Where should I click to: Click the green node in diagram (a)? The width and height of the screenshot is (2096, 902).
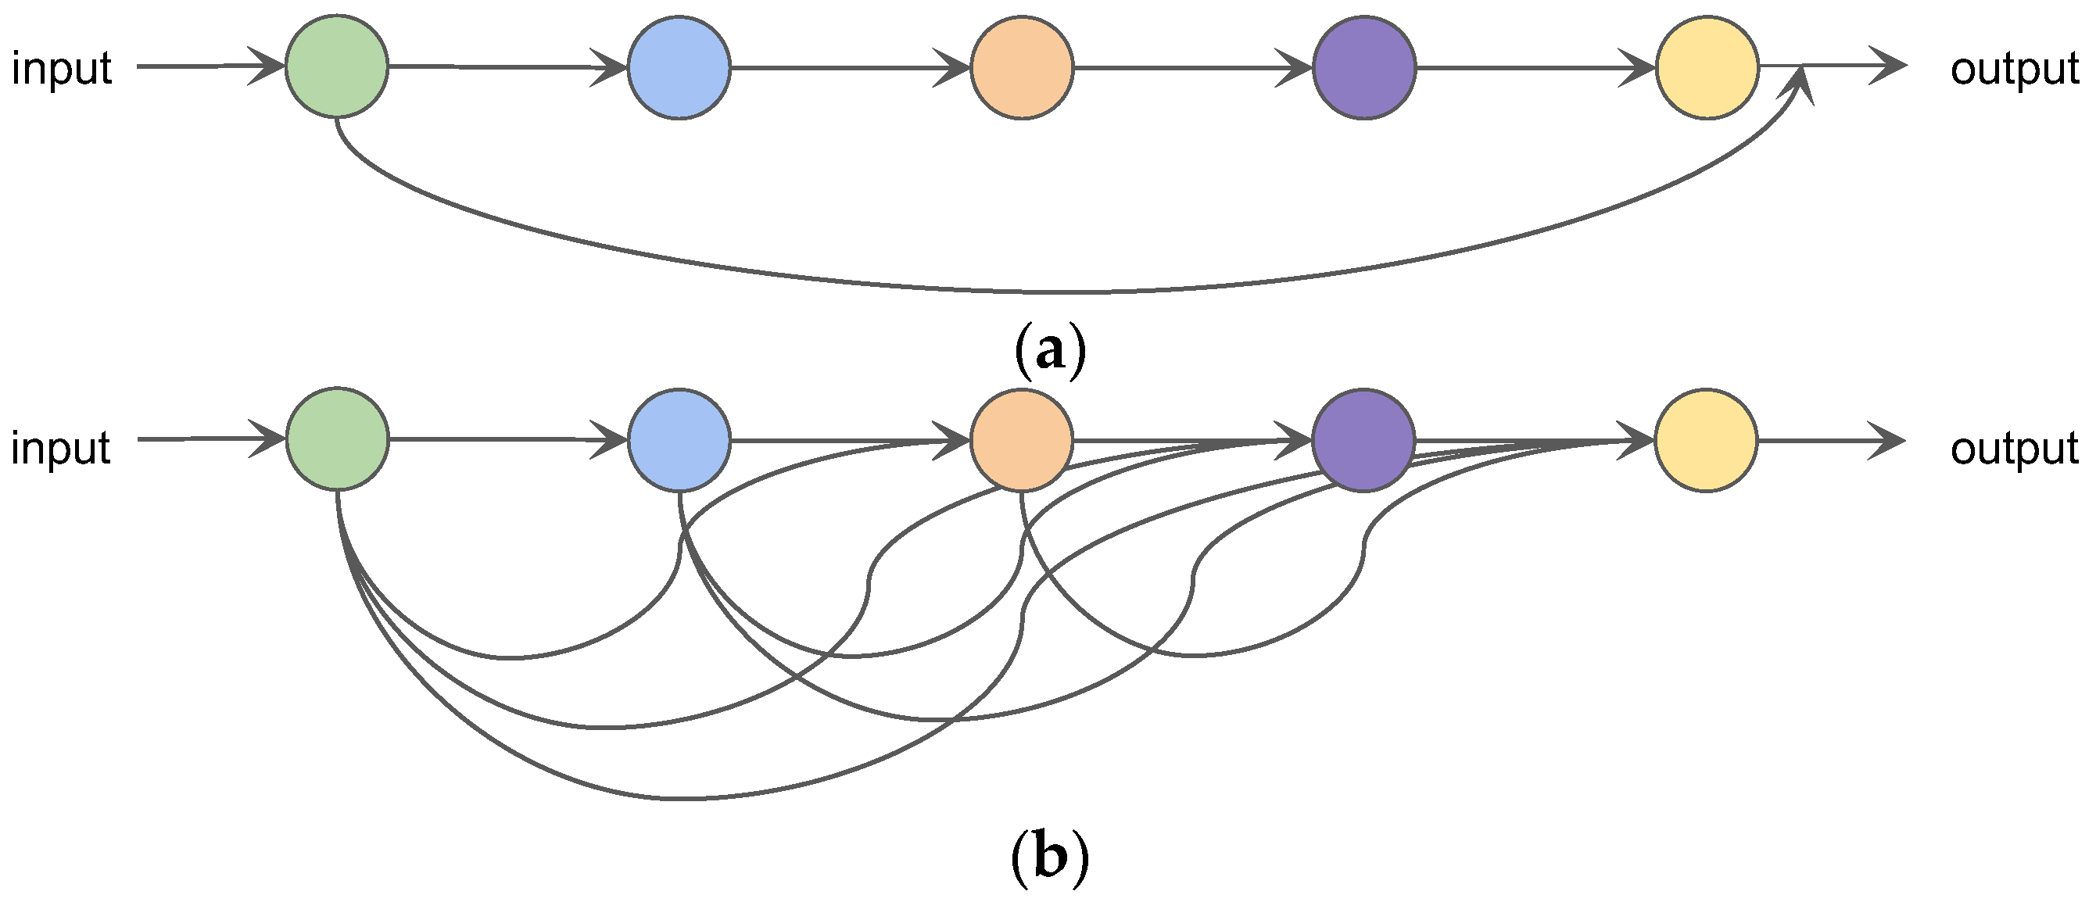pyautogui.click(x=337, y=66)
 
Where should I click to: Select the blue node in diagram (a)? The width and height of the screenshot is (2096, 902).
pyautogui.click(x=679, y=67)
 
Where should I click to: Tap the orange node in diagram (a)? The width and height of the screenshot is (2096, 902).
pyautogui.click(x=1022, y=67)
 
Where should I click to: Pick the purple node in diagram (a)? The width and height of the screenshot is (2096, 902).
pyautogui.click(x=1364, y=67)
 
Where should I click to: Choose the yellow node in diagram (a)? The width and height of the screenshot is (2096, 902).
pyautogui.click(x=1708, y=67)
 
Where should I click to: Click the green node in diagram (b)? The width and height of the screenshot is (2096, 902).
pyautogui.click(x=338, y=439)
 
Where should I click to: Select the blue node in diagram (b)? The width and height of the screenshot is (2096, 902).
pyautogui.click(x=679, y=440)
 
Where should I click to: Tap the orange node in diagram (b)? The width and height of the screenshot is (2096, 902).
pyautogui.click(x=1022, y=440)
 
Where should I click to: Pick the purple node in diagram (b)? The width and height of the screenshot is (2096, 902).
pyautogui.click(x=1363, y=440)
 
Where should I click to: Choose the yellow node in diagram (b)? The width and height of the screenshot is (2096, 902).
pyautogui.click(x=1706, y=440)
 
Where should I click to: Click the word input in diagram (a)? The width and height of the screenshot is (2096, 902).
pyautogui.click(x=62, y=68)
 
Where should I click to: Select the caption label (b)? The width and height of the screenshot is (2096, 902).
pyautogui.click(x=1050, y=859)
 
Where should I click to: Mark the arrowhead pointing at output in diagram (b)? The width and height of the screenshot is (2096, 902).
pyautogui.click(x=1888, y=441)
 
